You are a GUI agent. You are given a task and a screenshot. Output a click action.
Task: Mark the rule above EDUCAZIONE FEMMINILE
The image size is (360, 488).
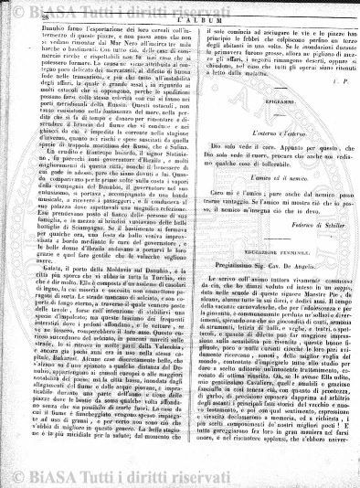[x=259, y=285]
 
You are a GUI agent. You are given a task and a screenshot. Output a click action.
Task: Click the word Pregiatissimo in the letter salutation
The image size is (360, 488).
[x=227, y=313]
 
